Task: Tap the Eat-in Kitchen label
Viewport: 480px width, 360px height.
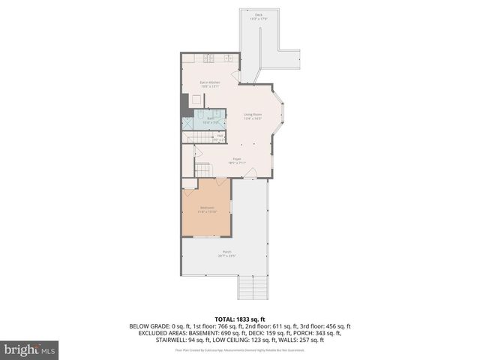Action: (209, 83)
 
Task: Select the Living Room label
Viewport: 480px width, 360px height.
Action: (251, 116)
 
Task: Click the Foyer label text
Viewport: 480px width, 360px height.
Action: (236, 160)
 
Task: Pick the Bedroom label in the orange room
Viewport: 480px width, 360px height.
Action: (205, 209)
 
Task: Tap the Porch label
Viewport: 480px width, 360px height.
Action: (226, 253)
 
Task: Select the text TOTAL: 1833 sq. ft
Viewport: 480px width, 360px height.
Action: (240, 319)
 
